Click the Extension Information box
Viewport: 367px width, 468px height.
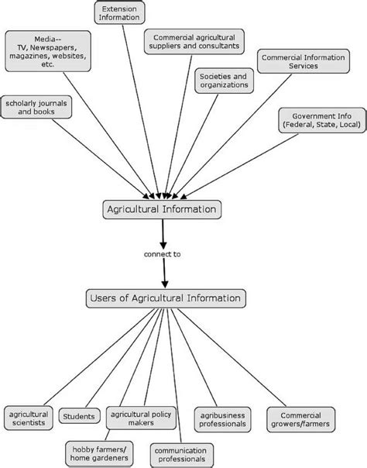122,11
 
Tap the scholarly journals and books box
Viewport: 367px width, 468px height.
39,107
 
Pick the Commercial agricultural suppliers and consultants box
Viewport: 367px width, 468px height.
194,41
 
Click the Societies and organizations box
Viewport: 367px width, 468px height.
222,81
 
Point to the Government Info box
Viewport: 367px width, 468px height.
318,119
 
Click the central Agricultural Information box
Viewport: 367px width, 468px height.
163,208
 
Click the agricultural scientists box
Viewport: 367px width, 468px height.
29,418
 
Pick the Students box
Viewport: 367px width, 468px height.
78,417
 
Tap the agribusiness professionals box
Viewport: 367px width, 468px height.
221,419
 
